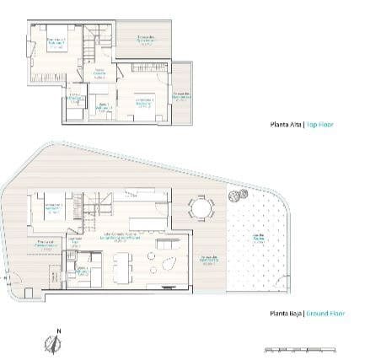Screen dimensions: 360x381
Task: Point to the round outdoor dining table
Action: tap(201, 207)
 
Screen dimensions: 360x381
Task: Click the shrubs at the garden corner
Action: tap(238, 196)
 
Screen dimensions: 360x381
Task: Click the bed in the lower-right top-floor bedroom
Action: tap(140, 104)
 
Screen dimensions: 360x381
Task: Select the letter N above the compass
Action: tap(57, 330)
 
